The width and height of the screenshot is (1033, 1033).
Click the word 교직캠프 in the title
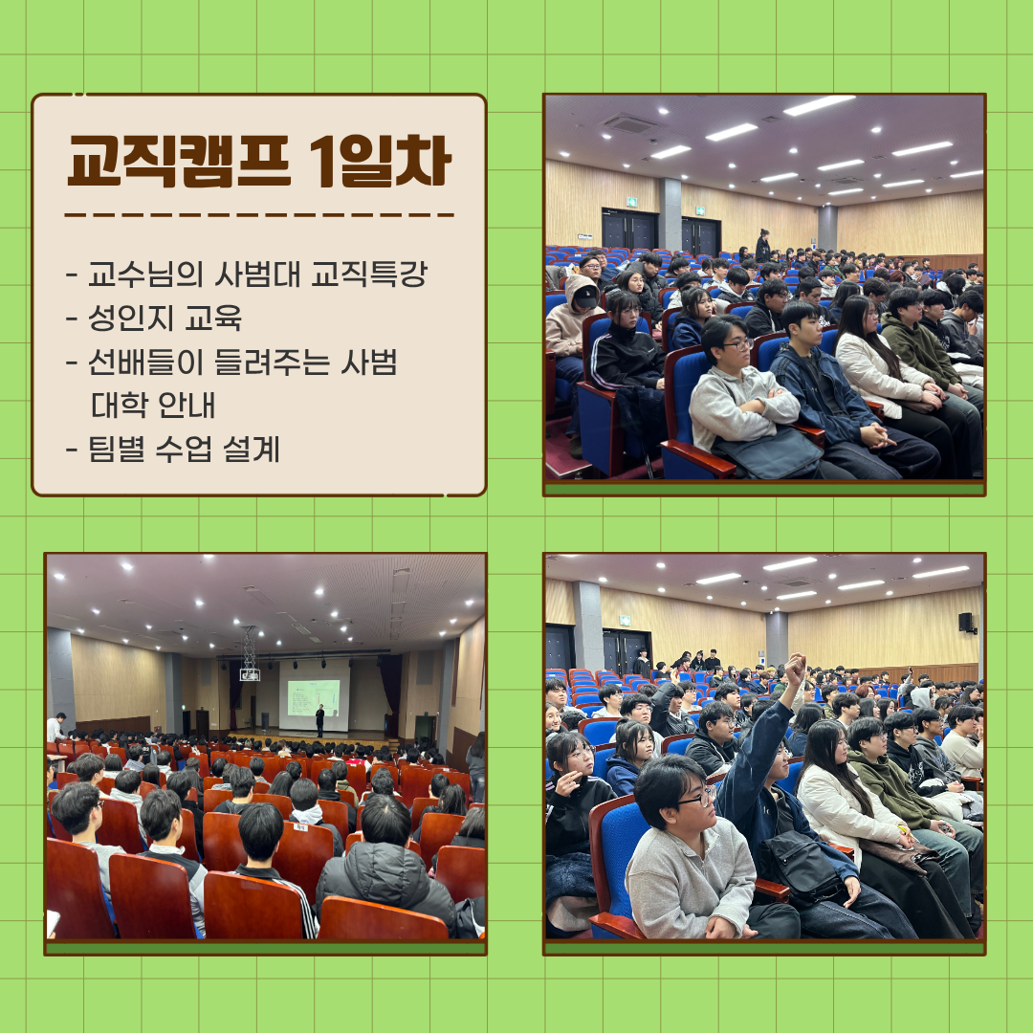click(179, 162)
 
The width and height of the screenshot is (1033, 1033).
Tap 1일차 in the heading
click(380, 162)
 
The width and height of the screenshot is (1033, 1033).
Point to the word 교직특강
click(369, 275)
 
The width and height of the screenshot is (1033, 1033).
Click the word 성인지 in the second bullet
click(130, 318)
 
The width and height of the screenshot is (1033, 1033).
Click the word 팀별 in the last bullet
click(116, 450)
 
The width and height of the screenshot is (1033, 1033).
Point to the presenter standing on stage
click(320, 721)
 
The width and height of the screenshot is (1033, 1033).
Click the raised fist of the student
click(795, 669)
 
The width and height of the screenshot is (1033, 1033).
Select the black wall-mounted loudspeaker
click(965, 623)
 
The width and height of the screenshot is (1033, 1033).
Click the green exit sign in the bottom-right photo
click(624, 620)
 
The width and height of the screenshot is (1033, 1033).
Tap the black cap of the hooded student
click(585, 297)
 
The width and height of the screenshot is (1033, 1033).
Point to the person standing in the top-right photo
click(763, 246)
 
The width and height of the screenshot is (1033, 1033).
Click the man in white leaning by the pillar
click(55, 727)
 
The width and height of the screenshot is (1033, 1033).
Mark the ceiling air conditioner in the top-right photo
click(628, 123)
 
